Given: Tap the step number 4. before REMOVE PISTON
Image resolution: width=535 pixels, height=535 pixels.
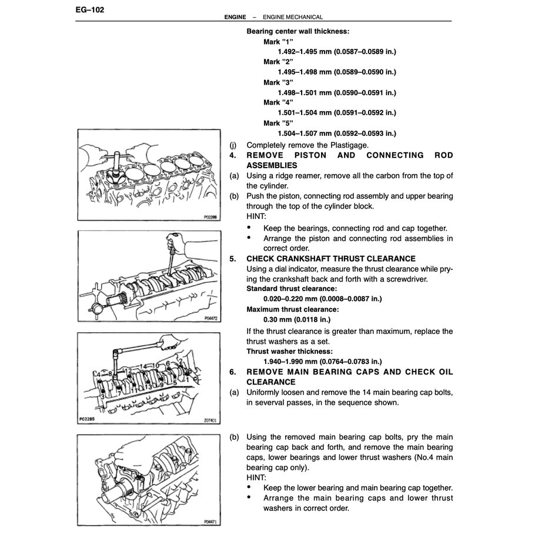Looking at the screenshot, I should point(233,155).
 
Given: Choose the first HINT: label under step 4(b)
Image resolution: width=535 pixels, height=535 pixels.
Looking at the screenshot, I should point(256,216).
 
